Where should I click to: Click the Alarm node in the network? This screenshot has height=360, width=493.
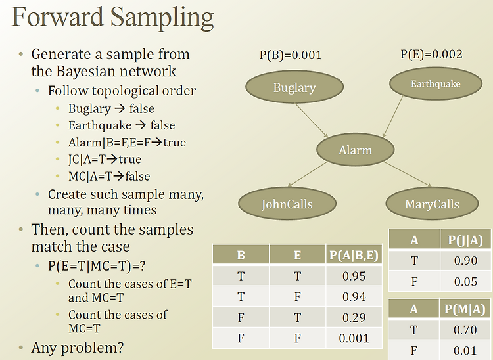tap(355, 150)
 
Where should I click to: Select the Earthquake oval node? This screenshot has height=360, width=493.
tap(436, 83)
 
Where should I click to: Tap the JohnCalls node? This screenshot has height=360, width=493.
tap(287, 204)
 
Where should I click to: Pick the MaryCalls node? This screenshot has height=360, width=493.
tap(432, 204)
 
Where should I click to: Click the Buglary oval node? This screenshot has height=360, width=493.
tap(294, 87)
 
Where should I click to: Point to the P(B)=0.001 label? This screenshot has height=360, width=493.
tap(291, 55)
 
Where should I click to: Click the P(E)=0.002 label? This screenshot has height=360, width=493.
tap(431, 55)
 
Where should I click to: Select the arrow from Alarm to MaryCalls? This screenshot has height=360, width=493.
tap(408, 174)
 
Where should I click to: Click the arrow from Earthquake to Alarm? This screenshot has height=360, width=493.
tap(392, 116)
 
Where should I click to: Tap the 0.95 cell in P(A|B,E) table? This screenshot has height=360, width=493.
tap(354, 276)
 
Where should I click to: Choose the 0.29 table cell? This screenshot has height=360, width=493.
tap(354, 317)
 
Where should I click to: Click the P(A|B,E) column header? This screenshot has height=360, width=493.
tap(354, 255)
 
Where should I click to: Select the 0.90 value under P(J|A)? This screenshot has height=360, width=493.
tap(465, 260)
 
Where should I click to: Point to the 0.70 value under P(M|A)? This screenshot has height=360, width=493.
tap(465, 330)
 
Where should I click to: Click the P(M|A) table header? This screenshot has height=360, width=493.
tap(465, 309)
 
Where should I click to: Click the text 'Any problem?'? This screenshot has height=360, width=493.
tap(78, 348)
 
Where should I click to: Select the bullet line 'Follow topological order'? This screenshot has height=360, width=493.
tap(122, 91)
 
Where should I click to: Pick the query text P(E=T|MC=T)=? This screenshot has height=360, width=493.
tap(97, 266)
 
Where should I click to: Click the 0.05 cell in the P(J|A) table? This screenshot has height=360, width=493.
tap(465, 281)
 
